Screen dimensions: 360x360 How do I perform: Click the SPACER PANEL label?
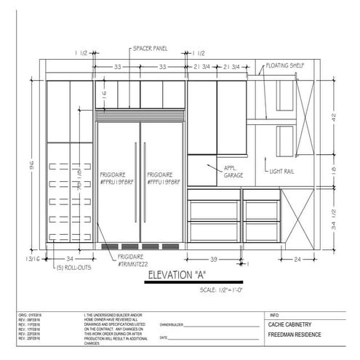click(x=150, y=49)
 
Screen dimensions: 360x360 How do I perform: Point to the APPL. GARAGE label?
click(x=233, y=171)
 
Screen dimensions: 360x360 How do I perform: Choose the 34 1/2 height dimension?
click(x=333, y=217)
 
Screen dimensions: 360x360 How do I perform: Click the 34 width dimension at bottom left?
click(x=69, y=259)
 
